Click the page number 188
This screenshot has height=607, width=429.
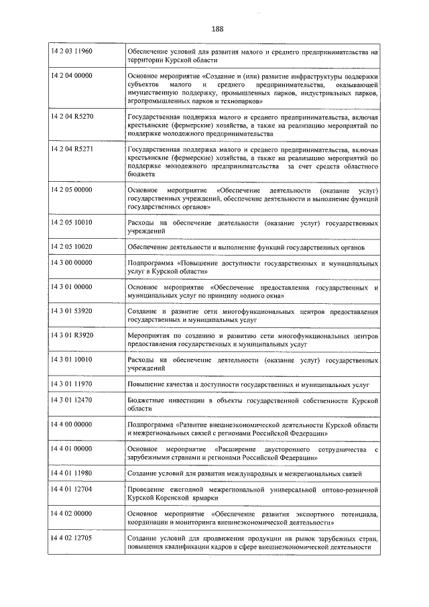click(x=217, y=28)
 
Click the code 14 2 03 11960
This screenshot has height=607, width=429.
click(x=72, y=52)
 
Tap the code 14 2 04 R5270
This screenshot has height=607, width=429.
click(x=72, y=117)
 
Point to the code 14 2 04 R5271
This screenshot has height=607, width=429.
click(x=72, y=149)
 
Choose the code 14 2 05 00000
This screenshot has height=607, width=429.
click(x=72, y=190)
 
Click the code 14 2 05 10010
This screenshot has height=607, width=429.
click(x=72, y=222)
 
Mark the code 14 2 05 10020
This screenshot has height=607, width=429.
click(x=72, y=247)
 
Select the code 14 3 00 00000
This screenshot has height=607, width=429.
click(x=72, y=264)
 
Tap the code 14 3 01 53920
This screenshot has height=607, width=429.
click(x=72, y=312)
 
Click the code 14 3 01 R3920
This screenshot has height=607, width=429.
click(x=72, y=335)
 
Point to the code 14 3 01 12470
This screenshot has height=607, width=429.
click(x=72, y=400)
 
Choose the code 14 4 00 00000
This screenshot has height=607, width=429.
click(x=72, y=425)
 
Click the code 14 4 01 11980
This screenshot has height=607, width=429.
click(x=72, y=474)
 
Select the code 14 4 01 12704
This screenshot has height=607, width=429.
click(x=72, y=490)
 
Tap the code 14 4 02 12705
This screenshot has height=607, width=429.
click(x=72, y=539)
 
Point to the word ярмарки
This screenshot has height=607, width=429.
click(x=198, y=498)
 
